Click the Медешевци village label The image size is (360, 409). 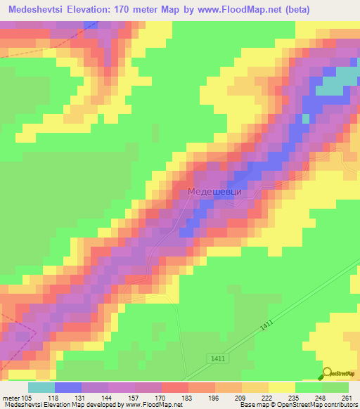[x=215, y=191]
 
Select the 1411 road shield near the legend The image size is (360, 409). [x=218, y=359]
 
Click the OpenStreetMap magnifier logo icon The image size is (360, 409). [x=327, y=374]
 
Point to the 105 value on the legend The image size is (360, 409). [x=27, y=398]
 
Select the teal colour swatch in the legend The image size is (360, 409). [x=41, y=387]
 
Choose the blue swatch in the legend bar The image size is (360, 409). [x=67, y=387]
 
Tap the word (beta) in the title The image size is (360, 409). [x=331, y=11]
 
